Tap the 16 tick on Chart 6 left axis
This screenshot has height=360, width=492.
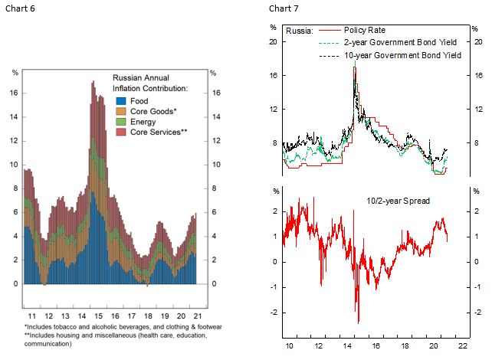point(14,93)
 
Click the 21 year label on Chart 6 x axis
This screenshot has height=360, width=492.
point(196,314)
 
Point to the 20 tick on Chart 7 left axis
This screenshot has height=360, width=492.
point(272,41)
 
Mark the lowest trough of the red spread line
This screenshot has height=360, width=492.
point(358,322)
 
